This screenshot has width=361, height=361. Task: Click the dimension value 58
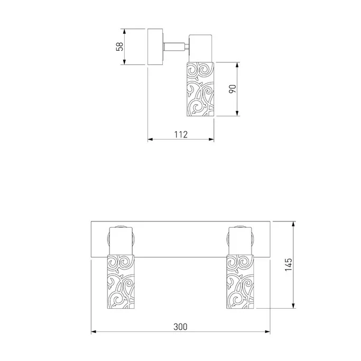[x=120, y=47]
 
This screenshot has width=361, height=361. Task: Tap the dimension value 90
[x=233, y=89]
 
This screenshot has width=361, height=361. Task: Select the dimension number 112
[x=181, y=134]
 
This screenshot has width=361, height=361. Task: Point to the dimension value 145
[x=289, y=264]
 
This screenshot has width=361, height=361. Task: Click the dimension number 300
[x=180, y=327]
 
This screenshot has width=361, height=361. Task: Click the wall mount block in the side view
[x=155, y=47]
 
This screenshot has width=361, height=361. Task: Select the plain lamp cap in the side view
[x=200, y=48]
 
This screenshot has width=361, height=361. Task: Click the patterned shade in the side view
[x=200, y=89]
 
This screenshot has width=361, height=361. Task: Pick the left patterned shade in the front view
[x=121, y=282]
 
